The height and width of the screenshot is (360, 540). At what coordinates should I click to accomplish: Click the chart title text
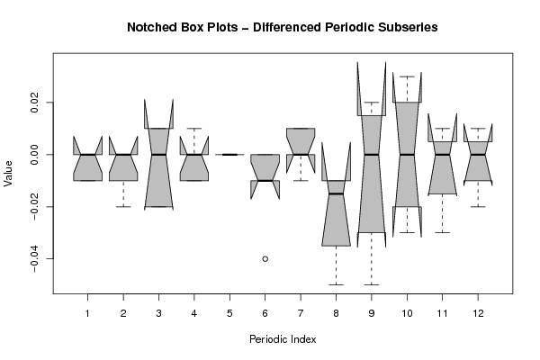tap(270, 28)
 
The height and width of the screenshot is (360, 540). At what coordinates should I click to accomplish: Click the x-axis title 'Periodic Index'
tap(283, 338)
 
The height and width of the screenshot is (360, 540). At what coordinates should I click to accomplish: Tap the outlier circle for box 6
tap(265, 259)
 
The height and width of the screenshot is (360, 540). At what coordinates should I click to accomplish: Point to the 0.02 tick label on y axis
tap(33, 103)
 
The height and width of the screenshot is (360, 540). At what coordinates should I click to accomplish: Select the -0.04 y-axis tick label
tap(33, 259)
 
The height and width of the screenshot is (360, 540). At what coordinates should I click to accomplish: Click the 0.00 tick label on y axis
tap(33, 155)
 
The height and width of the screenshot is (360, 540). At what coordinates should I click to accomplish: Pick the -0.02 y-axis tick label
tap(33, 207)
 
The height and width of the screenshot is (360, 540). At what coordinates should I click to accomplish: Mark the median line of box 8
tap(336, 193)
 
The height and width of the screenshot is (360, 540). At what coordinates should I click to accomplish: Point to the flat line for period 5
tap(229, 155)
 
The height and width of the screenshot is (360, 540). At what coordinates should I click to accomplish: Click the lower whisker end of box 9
tap(372, 284)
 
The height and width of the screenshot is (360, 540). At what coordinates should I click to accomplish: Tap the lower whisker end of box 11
tap(442, 232)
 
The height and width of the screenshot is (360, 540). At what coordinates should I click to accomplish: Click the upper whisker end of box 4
tap(193, 129)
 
